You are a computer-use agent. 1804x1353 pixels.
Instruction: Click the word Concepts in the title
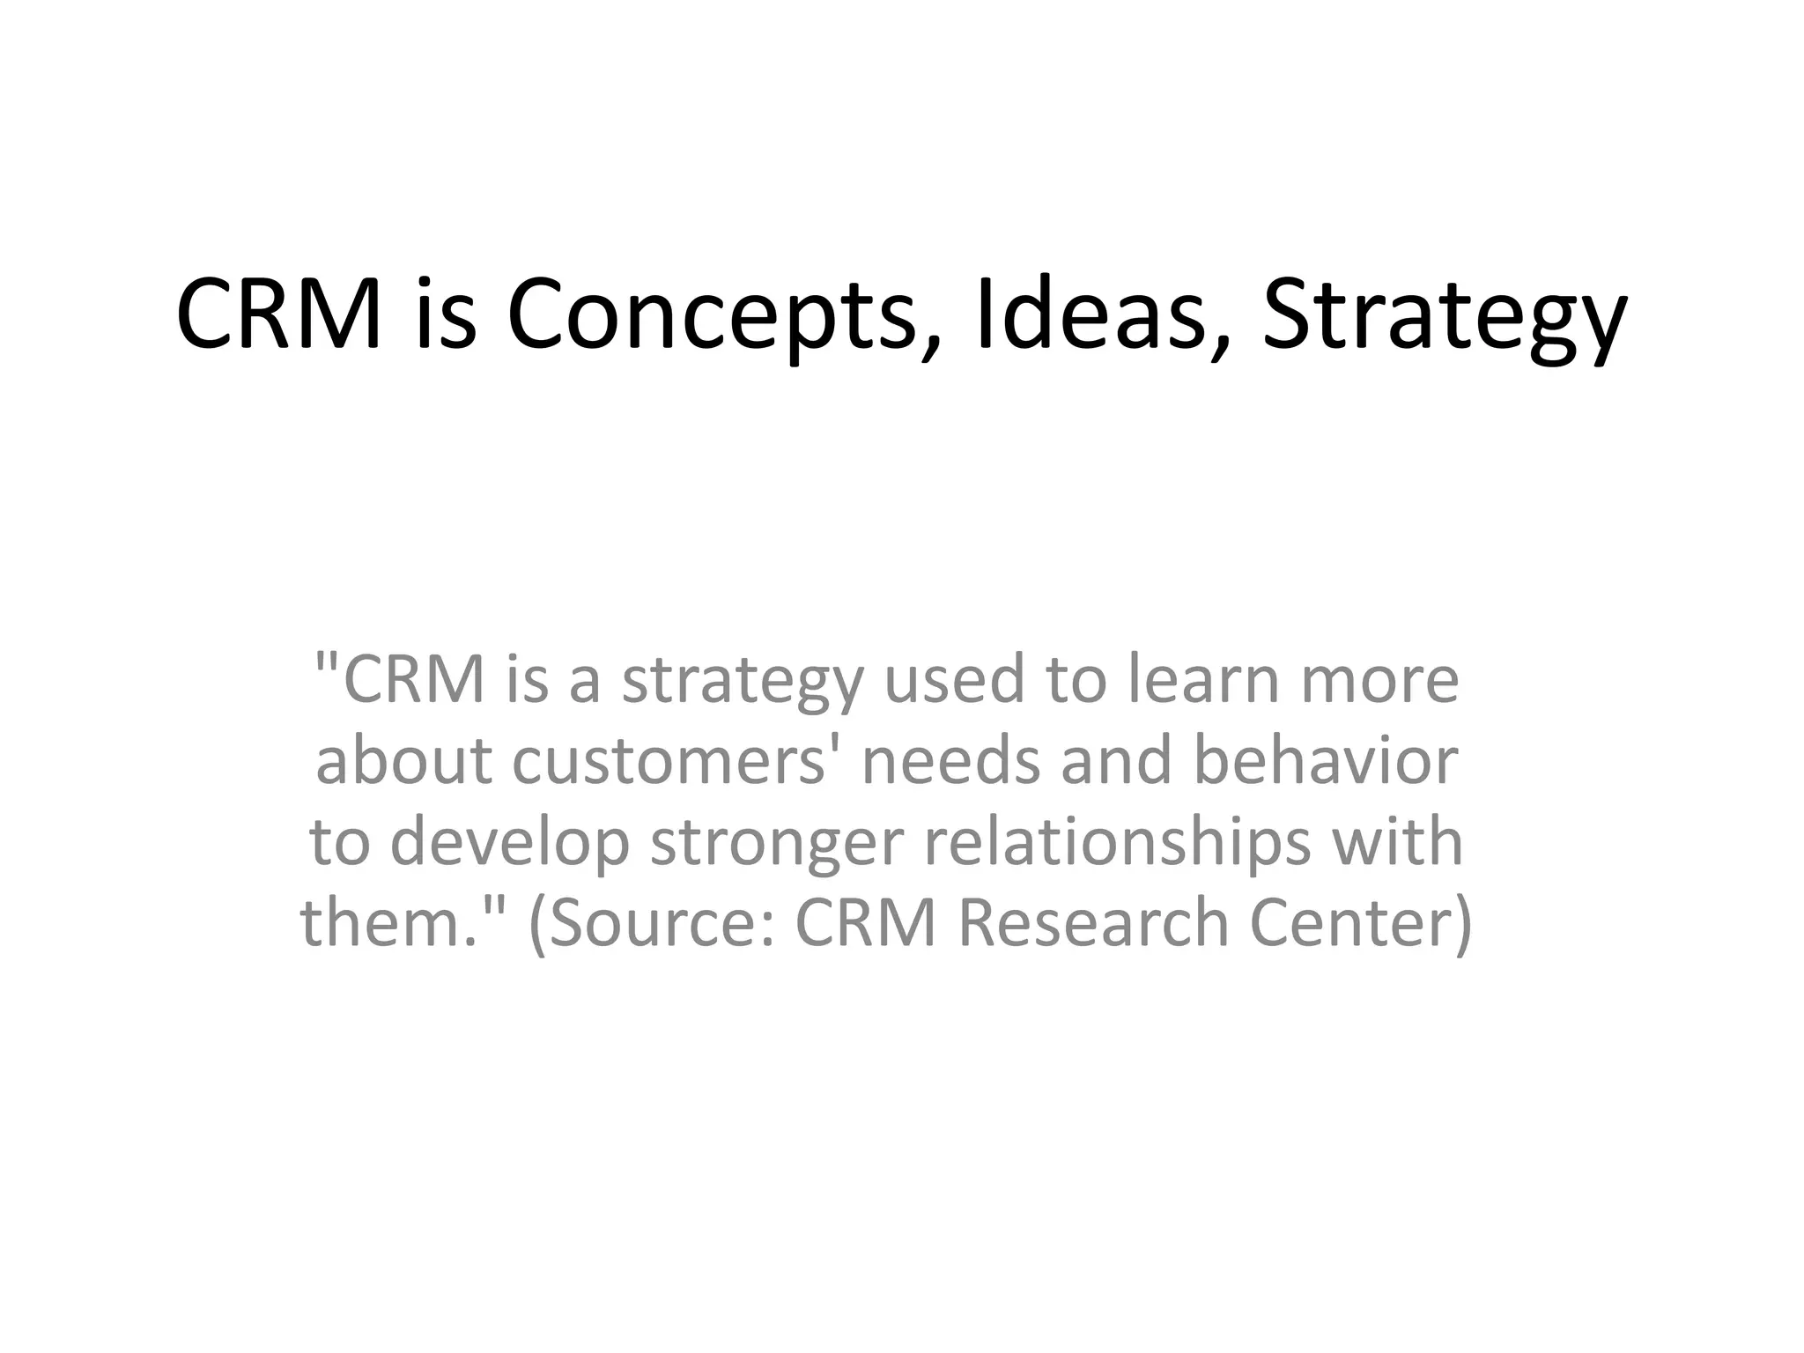pos(712,316)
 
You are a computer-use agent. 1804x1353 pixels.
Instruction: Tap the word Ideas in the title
pos(1091,314)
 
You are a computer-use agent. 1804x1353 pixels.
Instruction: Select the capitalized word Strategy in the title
pos(1445,316)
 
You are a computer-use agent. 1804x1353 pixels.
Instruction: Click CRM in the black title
pos(278,314)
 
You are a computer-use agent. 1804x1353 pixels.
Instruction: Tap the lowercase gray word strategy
pos(743,683)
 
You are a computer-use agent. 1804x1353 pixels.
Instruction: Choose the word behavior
pos(1325,760)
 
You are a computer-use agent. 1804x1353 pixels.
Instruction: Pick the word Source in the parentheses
pos(664,922)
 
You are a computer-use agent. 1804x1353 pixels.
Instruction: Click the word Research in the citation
pos(1092,922)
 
